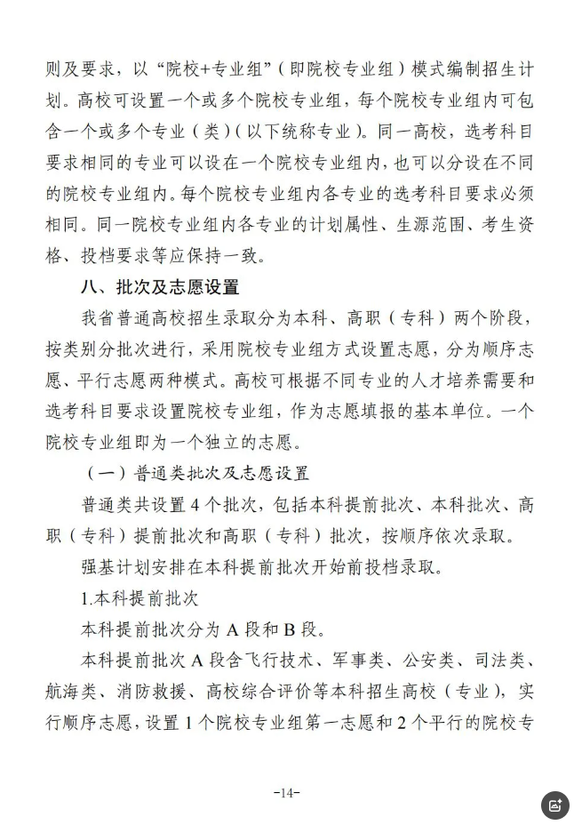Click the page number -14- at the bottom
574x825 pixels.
287,792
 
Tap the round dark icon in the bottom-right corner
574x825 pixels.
555,805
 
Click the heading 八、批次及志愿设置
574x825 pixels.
159,288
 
